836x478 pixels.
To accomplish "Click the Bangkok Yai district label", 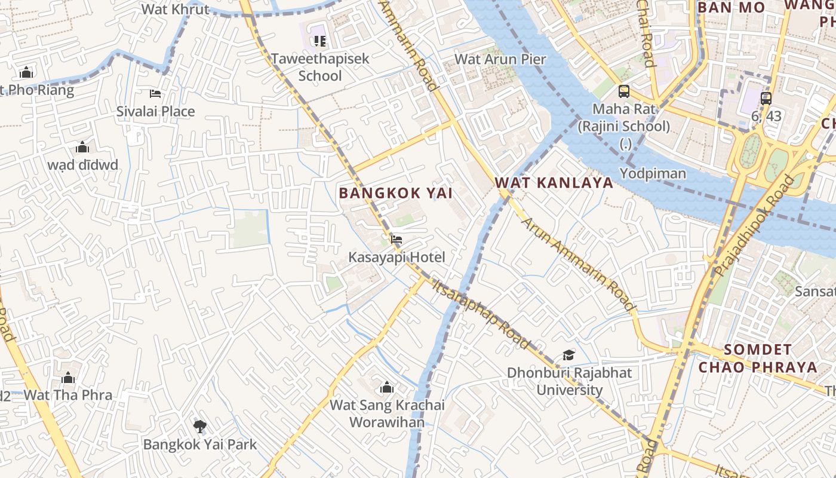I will (x=395, y=193).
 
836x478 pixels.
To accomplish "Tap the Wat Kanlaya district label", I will (x=554, y=182).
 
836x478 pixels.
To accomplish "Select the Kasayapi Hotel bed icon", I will (x=396, y=240).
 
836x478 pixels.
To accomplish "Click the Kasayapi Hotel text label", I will (x=397, y=258).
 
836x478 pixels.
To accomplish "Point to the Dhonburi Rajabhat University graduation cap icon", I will (x=568, y=356).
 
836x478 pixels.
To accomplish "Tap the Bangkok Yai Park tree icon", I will (x=199, y=426).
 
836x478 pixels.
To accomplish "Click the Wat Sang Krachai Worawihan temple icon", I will (x=387, y=388).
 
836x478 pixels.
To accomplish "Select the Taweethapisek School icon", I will (x=320, y=41).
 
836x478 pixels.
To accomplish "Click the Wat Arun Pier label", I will (x=500, y=59).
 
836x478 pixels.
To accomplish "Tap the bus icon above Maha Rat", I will (x=623, y=91).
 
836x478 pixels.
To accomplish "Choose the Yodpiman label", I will (x=653, y=173).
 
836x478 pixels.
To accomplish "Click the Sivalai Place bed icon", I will (x=155, y=94).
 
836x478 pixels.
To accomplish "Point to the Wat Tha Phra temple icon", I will (x=68, y=378).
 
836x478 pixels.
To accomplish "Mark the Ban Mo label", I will (x=731, y=8).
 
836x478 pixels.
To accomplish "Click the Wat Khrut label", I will (x=176, y=9).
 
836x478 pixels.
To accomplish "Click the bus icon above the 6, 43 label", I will (x=766, y=99).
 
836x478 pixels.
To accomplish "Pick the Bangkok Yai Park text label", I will (x=200, y=444).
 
